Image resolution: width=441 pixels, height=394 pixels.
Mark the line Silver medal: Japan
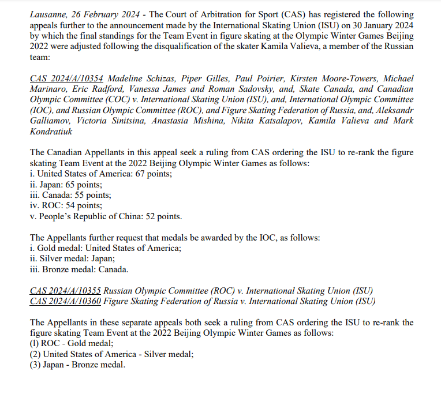click(x=73, y=258)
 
